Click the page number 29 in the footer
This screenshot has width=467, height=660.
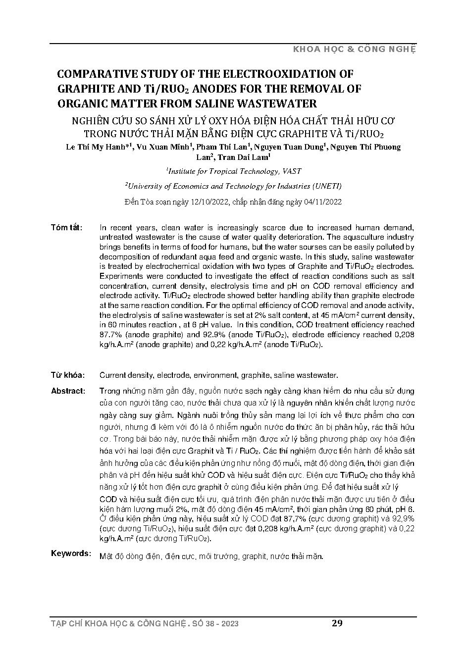(x=337, y=623)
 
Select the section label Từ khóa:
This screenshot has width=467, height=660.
(x=67, y=375)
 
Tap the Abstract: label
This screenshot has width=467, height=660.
(x=67, y=391)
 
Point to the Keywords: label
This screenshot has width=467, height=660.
(x=70, y=553)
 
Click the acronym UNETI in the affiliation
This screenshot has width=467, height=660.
(x=325, y=186)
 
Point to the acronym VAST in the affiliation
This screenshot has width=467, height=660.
(x=292, y=171)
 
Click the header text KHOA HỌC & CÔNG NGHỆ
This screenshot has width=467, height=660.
(x=355, y=50)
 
